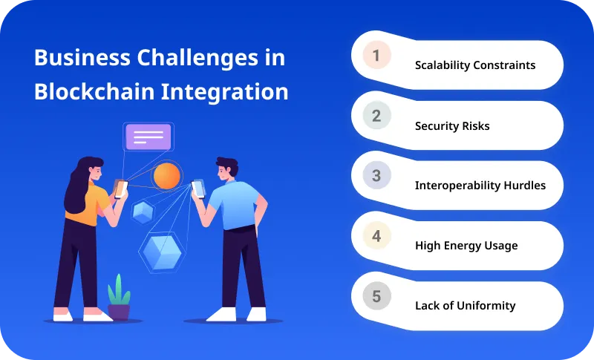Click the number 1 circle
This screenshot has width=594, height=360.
376,56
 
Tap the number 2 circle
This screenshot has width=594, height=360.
376,116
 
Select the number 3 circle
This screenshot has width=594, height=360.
376,176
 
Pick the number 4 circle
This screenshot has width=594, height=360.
376,236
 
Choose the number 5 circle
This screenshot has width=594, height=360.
376,297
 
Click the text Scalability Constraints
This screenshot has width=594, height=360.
474,65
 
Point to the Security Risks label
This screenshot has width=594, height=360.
451,125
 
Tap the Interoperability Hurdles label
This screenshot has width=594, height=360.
480,186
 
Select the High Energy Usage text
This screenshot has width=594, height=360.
466,246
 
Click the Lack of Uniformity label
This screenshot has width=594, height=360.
465,306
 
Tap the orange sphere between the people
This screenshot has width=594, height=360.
166,176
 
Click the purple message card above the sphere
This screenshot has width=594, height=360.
148,137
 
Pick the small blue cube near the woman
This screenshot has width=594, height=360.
142,212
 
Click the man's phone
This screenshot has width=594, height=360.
198,188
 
